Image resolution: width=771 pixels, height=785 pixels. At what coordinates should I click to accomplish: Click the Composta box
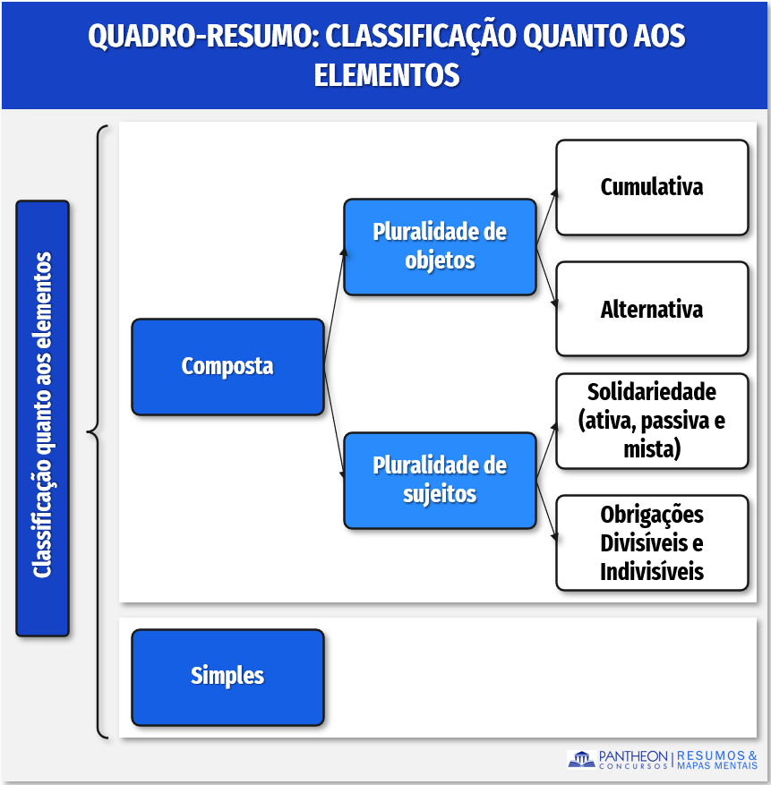[x=228, y=367]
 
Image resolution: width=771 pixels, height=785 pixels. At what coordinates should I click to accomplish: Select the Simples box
[x=228, y=678]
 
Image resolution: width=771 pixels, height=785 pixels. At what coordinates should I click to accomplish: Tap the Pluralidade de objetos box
[x=440, y=247]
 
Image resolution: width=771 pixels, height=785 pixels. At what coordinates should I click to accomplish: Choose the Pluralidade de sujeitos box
[x=440, y=481]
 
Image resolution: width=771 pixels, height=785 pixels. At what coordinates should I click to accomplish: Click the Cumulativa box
[x=652, y=188]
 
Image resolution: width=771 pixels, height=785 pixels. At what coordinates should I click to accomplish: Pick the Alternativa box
[x=652, y=309]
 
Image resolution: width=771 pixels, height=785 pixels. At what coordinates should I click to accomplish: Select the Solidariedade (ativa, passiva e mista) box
[x=652, y=421]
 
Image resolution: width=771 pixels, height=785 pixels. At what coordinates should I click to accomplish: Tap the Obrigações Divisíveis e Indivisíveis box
[x=652, y=543]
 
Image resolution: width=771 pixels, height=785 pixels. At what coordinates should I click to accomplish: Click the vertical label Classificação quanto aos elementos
[x=43, y=419]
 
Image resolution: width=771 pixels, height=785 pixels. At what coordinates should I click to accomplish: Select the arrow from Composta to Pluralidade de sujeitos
[x=335, y=423]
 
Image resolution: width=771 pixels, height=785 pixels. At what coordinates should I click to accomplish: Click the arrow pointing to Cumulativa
[x=546, y=218]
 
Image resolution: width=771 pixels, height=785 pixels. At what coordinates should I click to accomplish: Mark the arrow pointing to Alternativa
[x=546, y=278]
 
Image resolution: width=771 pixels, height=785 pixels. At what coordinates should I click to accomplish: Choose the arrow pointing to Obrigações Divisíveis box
[x=546, y=512]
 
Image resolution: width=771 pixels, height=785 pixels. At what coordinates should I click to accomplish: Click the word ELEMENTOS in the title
[x=387, y=75]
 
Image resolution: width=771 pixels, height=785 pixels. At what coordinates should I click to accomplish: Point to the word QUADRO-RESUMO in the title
[x=204, y=36]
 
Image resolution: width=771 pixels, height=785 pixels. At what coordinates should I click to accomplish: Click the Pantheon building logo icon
[x=581, y=759]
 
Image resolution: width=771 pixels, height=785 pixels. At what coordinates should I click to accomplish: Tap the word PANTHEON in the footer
[x=633, y=756]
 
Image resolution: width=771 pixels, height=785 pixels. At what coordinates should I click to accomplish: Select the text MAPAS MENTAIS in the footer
[x=717, y=765]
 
